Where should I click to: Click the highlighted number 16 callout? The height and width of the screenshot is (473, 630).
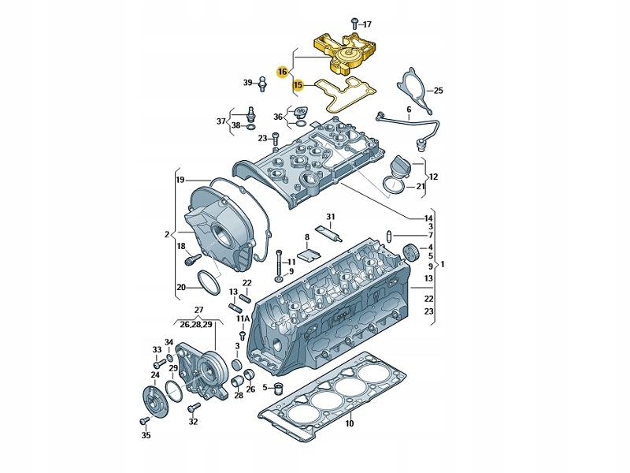pyautogui.click(x=282, y=72)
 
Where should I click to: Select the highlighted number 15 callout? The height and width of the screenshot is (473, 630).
pyautogui.click(x=298, y=84)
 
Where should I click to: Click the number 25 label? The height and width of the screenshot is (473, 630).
pyautogui.click(x=439, y=91)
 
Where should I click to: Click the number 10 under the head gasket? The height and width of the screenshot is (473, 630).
pyautogui.click(x=350, y=423)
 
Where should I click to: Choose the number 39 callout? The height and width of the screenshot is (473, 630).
pyautogui.click(x=247, y=83)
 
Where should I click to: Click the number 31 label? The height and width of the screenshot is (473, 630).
pyautogui.click(x=331, y=217)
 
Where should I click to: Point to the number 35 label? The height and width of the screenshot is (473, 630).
pyautogui.click(x=146, y=434)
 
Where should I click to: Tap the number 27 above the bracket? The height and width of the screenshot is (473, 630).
pyautogui.click(x=198, y=311)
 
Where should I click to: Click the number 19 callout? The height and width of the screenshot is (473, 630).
pyautogui.click(x=180, y=181)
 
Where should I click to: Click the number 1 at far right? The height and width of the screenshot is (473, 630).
pyautogui.click(x=443, y=265)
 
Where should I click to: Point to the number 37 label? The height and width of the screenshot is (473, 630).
pyautogui.click(x=222, y=121)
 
